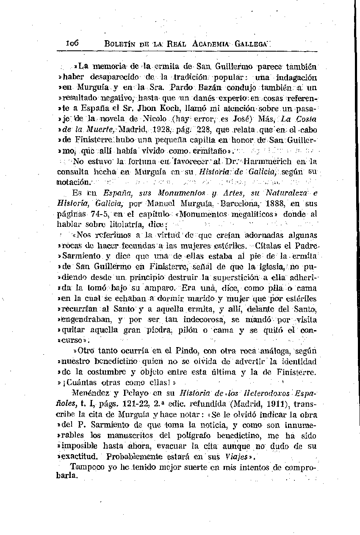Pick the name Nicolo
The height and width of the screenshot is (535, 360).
click(157, 119)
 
